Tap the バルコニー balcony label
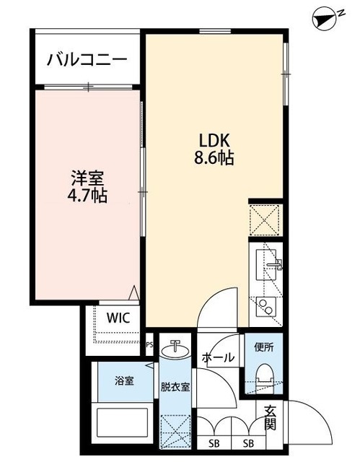pyautogui.click(x=87, y=59)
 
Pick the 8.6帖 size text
pyautogui.click(x=214, y=159)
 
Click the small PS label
pyautogui.click(x=150, y=345)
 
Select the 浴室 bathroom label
pyautogui.click(x=123, y=380)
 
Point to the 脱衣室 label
pyautogui.click(x=175, y=387)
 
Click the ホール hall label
pyautogui.click(x=217, y=357)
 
